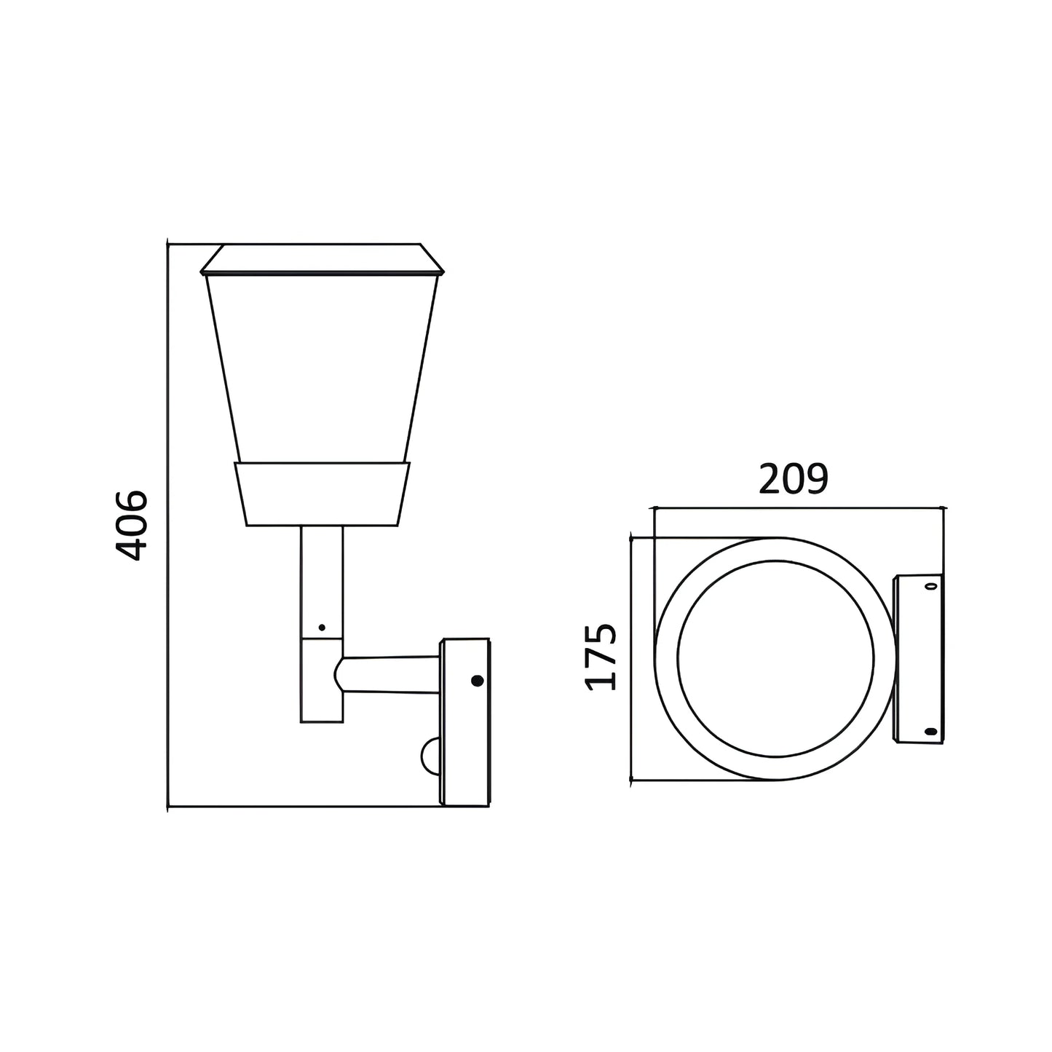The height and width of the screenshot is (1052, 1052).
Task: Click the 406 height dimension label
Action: (x=132, y=525)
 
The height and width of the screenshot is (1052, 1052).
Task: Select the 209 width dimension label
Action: (x=794, y=479)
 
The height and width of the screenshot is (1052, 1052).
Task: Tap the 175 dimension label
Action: (x=601, y=657)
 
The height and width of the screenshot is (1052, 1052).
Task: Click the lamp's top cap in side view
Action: (x=322, y=260)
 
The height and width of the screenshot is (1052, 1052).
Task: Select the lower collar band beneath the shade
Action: (x=322, y=494)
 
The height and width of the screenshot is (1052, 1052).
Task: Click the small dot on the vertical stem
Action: (x=322, y=628)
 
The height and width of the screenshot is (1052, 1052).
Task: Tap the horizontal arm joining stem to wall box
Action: (x=390, y=676)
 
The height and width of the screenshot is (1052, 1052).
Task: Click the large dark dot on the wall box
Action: (x=477, y=681)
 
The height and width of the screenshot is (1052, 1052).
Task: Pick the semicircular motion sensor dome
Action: (x=431, y=756)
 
